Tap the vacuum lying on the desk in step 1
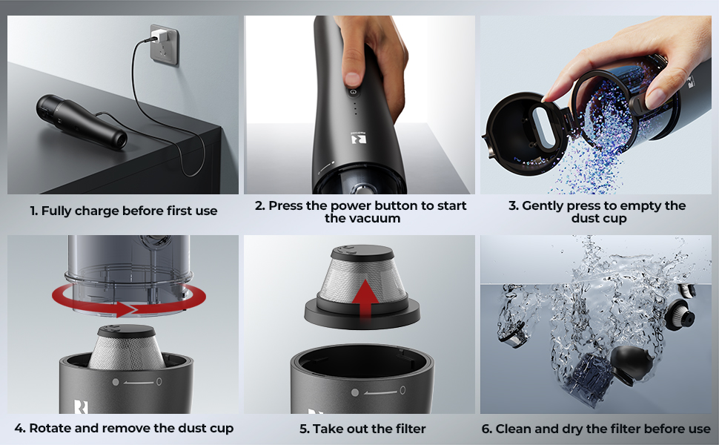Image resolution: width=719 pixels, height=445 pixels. click(x=81, y=122)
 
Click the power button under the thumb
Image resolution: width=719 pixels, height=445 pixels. click(x=353, y=92)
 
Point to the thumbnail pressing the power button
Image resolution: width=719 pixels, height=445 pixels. click(x=352, y=79)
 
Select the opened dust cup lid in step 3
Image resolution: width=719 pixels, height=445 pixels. click(x=523, y=133)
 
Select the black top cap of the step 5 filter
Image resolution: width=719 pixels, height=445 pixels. click(x=362, y=253)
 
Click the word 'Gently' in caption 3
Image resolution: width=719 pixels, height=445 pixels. click(x=543, y=206)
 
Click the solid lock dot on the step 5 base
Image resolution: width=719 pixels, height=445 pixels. click(x=355, y=392)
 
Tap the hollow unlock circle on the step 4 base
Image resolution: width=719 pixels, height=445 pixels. click(x=159, y=381)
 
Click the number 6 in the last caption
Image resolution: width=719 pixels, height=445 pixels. click(x=486, y=429)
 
